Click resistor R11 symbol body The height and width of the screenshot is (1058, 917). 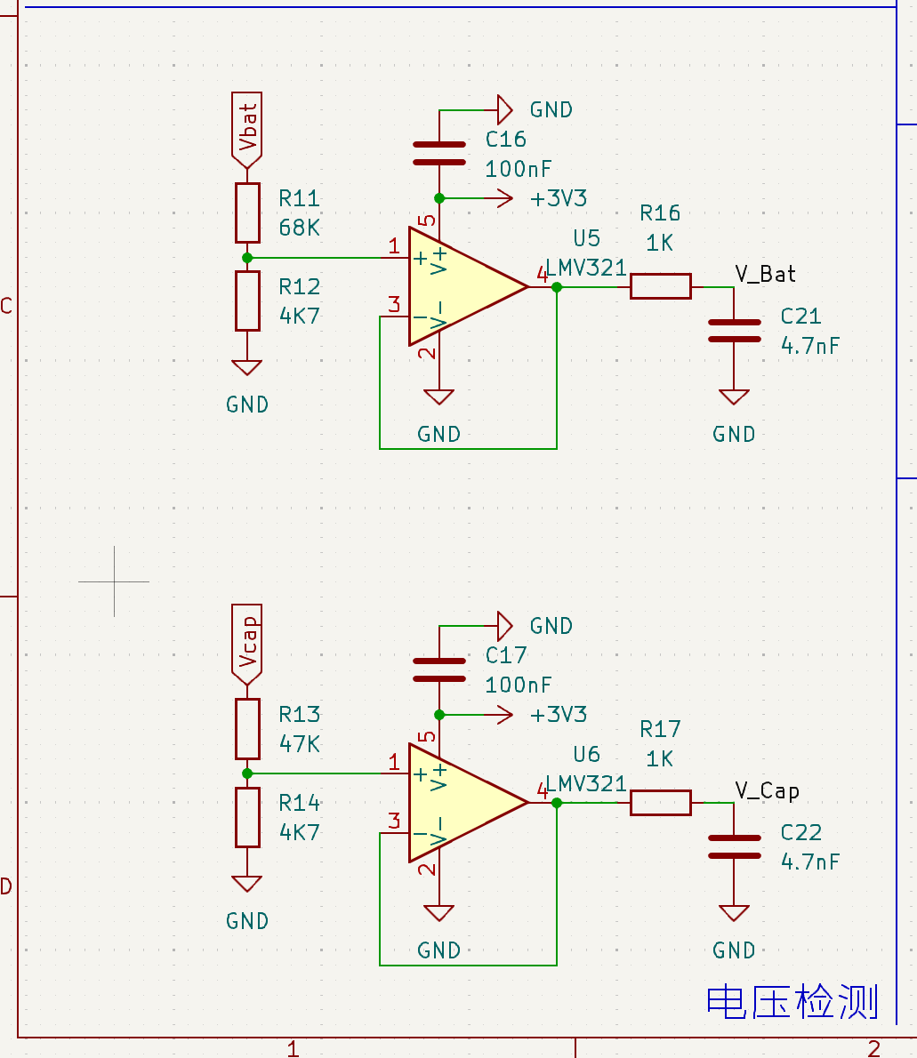pos(247,212)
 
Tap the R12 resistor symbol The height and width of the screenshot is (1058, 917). pos(247,301)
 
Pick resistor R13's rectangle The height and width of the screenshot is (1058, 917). pos(247,729)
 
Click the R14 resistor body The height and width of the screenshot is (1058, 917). pos(247,817)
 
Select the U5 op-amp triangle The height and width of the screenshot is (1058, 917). pos(467,287)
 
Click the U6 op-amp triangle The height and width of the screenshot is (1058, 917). pos(467,803)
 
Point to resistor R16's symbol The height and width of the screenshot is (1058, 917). pos(661,286)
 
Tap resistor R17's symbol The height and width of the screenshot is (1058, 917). pos(661,802)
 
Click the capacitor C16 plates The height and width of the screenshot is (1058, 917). pos(438,153)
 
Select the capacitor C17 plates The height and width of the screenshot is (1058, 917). pos(438,669)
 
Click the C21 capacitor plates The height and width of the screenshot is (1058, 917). pos(734,331)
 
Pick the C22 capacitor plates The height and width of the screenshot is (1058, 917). pos(734,846)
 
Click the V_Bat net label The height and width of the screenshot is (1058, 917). pos(765,274)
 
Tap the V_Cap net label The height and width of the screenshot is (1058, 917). pos(767,790)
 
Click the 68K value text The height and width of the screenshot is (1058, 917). pos(299,228)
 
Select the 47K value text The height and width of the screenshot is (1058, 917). pos(299,743)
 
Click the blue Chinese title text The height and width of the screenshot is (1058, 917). pos(792,1001)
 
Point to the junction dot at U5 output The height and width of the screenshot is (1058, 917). pos(557,287)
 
